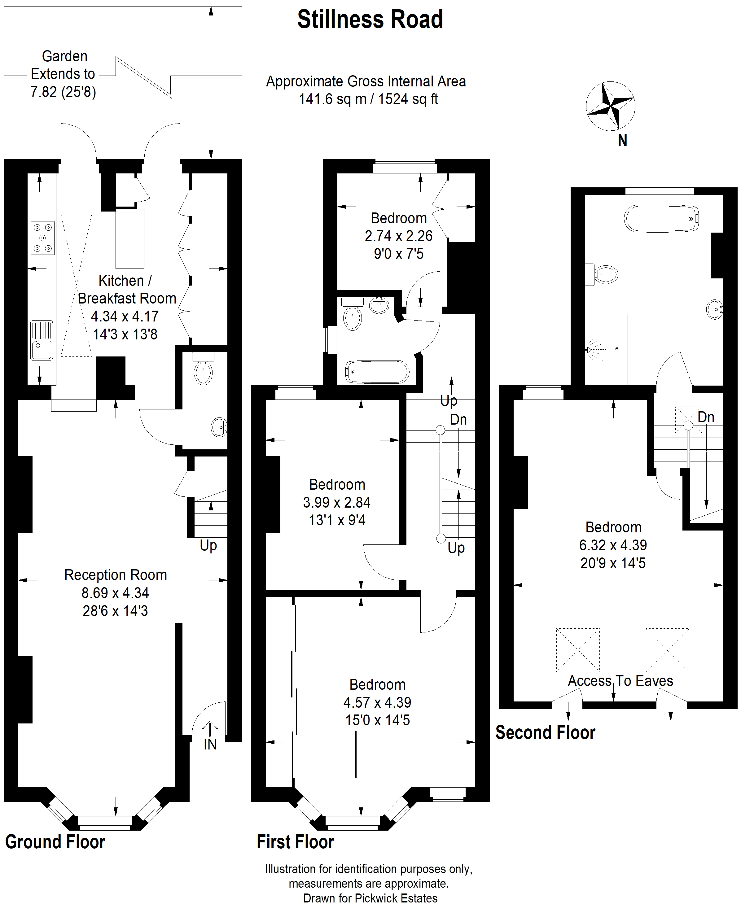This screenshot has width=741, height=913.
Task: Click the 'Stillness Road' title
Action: [370, 20]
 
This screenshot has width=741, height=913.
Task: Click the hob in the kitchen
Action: [43, 238]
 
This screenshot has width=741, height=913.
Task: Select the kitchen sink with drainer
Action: [42, 340]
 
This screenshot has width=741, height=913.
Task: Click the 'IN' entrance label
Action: [210, 744]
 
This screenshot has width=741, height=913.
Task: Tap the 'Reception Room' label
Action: [116, 575]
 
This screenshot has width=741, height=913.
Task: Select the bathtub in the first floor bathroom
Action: [377, 372]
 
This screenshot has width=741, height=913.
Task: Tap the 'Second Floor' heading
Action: [546, 732]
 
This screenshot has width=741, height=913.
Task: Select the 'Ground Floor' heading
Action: [55, 842]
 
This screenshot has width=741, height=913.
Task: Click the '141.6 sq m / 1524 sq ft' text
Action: [368, 99]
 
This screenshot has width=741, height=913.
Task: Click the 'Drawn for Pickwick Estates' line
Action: [370, 898]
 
